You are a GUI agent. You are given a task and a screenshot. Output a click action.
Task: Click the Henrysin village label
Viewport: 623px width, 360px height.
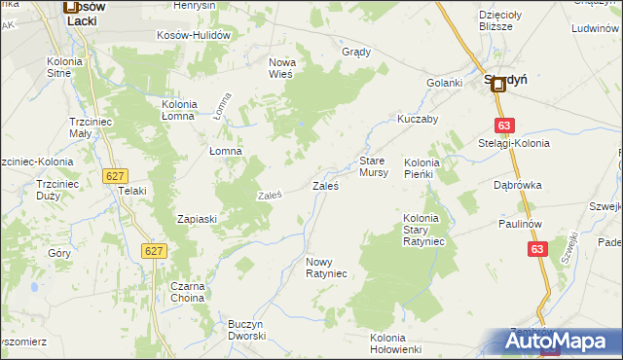[x=194, y=6]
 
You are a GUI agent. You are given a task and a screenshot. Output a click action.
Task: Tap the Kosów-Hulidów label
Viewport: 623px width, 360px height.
[x=193, y=35]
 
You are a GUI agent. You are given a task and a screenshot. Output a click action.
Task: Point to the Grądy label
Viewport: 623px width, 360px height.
[x=356, y=52]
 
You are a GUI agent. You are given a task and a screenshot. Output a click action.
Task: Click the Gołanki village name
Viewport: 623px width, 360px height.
[x=444, y=83]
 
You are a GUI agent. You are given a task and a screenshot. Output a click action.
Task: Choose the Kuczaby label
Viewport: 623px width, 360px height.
[x=418, y=119]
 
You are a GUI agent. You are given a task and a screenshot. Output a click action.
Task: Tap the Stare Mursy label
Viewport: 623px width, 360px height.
[x=374, y=165]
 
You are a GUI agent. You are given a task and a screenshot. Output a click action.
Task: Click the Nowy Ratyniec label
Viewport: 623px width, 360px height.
[x=326, y=268]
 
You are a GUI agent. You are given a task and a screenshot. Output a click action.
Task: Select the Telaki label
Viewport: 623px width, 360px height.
[x=131, y=191]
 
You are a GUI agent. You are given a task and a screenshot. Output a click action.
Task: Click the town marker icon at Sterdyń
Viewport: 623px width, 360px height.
[x=498, y=86]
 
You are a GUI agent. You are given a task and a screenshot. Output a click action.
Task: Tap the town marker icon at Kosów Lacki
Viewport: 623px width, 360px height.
[x=71, y=7]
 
